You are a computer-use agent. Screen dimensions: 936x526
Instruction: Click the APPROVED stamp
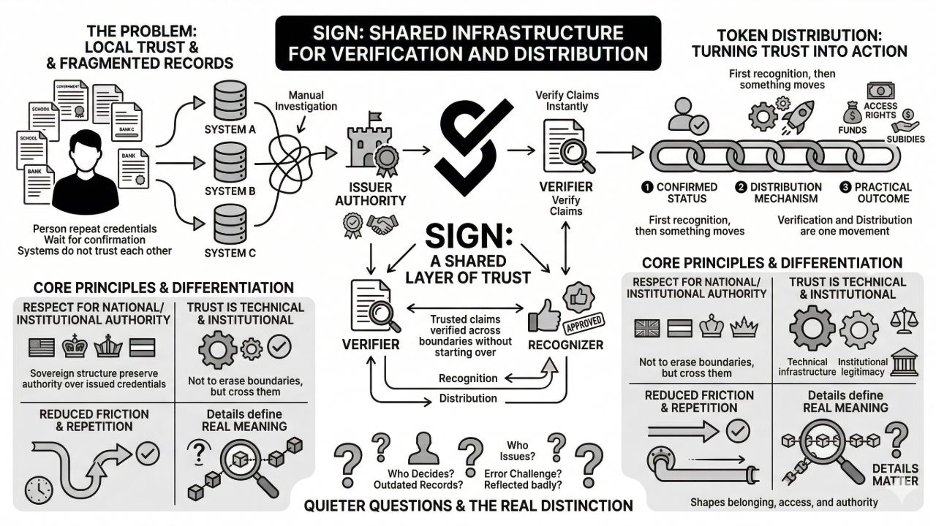tap(585, 322)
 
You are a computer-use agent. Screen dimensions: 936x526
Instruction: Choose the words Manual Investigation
tap(313, 101)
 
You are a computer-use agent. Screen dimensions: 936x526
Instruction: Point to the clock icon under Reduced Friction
tap(37, 490)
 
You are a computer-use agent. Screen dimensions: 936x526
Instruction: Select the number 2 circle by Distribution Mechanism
tap(740, 188)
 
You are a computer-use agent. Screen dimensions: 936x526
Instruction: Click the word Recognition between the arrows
tap(468, 378)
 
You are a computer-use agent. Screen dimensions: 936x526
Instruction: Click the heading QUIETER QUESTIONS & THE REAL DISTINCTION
tap(468, 506)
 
